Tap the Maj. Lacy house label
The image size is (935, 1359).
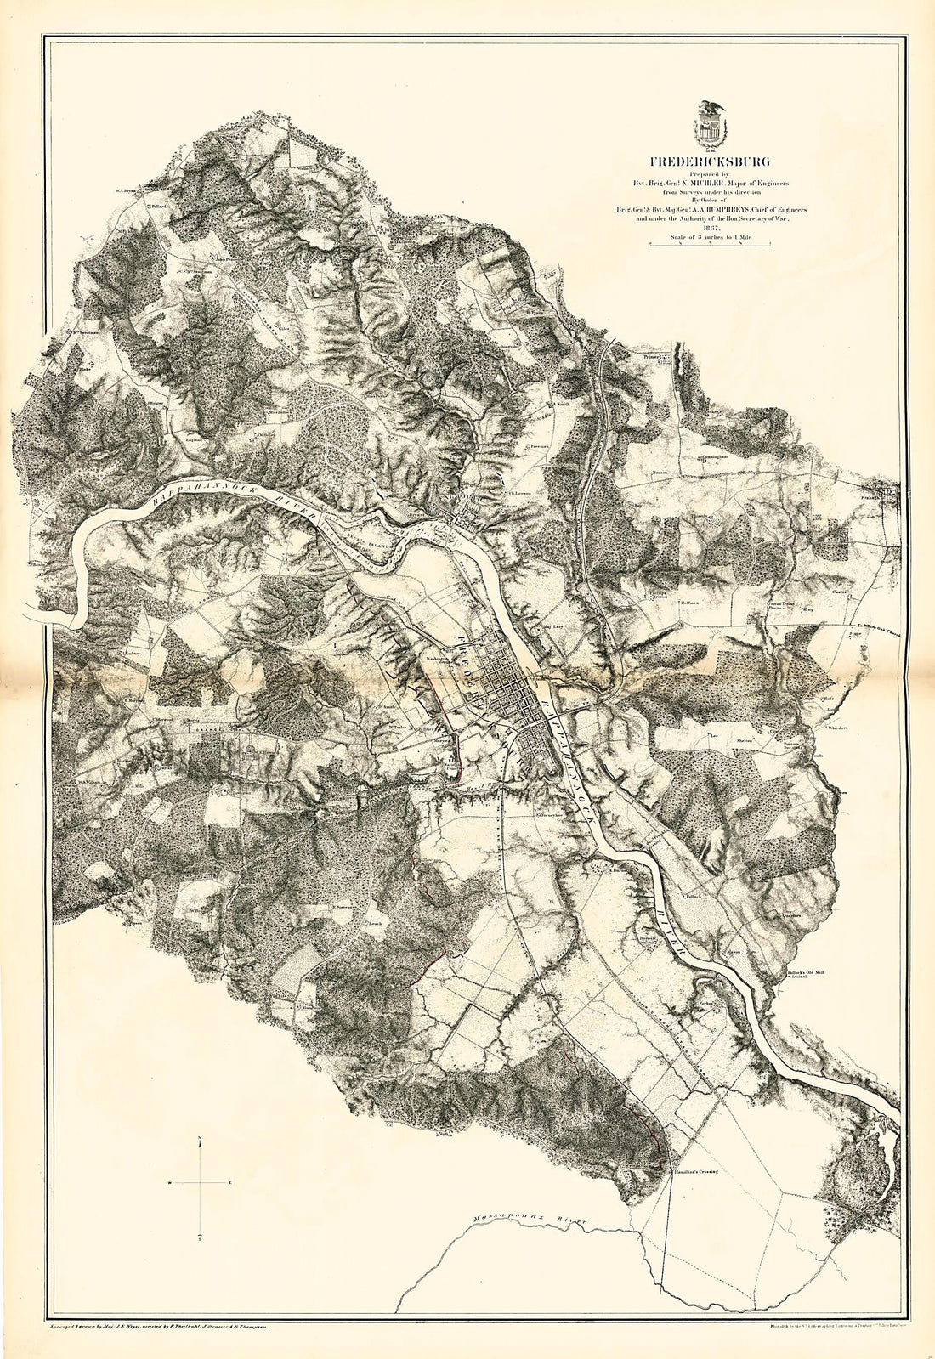tap(554, 628)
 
